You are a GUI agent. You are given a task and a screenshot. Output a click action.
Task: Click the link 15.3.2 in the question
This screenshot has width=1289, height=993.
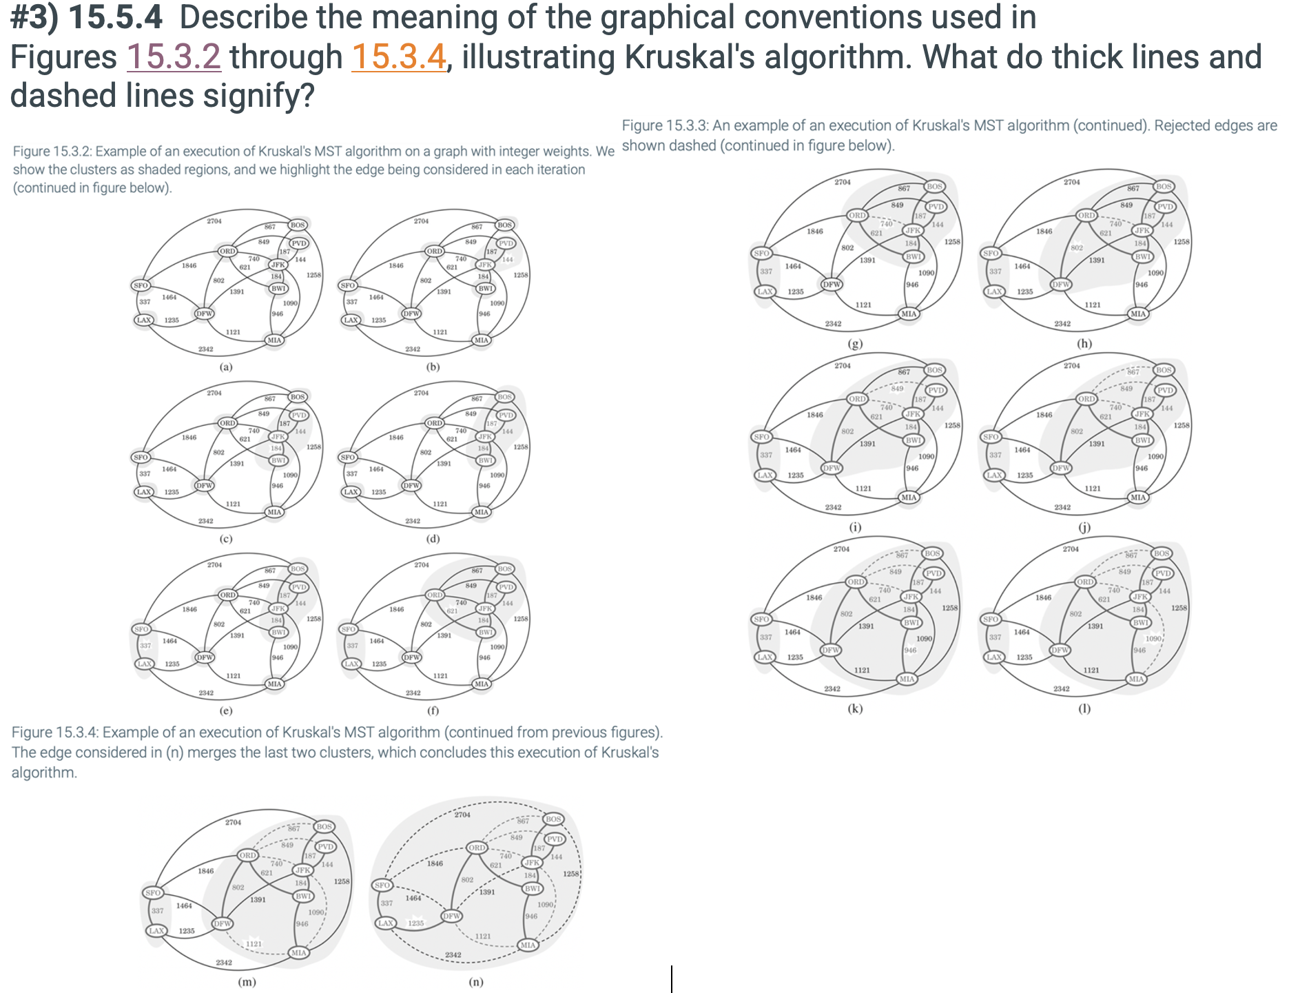pos(174,57)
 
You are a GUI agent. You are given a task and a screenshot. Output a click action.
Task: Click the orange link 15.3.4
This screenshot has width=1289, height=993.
pos(399,57)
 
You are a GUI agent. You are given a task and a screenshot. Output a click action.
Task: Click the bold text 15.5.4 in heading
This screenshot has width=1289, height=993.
pos(116,17)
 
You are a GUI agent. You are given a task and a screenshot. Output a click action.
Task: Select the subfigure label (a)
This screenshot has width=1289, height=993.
pos(226,367)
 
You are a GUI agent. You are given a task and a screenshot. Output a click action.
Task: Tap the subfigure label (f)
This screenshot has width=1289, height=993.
pos(433,710)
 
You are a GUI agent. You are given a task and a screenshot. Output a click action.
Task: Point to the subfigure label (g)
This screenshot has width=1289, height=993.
pos(855,343)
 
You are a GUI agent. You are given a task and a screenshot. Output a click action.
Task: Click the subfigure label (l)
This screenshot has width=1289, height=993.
pos(1084,708)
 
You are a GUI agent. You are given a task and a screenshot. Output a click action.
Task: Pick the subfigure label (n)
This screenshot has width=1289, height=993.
pos(476,982)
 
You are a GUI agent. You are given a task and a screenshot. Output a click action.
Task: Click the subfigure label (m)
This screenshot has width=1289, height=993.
pos(247,982)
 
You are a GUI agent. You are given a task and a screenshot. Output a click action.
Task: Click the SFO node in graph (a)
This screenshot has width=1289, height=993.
pos(141,285)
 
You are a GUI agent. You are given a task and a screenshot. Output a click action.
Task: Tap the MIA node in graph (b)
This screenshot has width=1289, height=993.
pos(481,340)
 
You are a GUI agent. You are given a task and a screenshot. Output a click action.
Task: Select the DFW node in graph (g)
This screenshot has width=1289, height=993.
pos(832,284)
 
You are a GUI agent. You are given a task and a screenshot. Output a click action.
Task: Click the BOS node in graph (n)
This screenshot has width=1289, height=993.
pos(553,819)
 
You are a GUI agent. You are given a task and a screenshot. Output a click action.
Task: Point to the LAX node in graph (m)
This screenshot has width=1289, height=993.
pos(156,930)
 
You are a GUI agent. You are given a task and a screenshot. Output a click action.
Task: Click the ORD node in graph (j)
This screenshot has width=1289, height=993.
pos(1086,399)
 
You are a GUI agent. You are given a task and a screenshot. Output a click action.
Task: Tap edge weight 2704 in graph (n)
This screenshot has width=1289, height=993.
pos(462,815)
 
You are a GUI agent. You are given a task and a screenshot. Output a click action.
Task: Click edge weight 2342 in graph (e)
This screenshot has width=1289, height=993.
pos(206,693)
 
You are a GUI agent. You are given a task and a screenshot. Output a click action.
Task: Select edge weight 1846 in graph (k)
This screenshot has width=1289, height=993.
pos(814,597)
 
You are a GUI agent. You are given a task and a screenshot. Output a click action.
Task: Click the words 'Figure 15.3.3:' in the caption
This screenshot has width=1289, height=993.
pos(665,125)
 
